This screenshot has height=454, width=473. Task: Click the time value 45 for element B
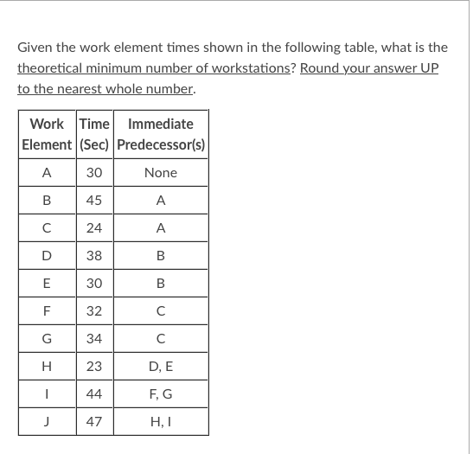94,200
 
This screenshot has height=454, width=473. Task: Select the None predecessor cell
161,172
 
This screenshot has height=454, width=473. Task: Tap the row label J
47,421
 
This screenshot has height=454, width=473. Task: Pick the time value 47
94,421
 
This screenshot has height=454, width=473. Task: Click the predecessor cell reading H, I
161,421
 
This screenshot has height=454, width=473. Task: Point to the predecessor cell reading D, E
161,366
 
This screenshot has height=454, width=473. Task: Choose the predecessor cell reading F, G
161,393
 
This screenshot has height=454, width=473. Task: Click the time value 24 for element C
94,227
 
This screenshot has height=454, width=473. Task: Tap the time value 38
94,255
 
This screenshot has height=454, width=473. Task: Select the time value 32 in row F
94,310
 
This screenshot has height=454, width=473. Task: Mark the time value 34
94,338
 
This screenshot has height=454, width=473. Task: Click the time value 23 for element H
94,366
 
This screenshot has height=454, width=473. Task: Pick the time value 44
94,393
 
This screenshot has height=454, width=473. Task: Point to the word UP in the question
429,67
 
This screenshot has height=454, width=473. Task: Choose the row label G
47,338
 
